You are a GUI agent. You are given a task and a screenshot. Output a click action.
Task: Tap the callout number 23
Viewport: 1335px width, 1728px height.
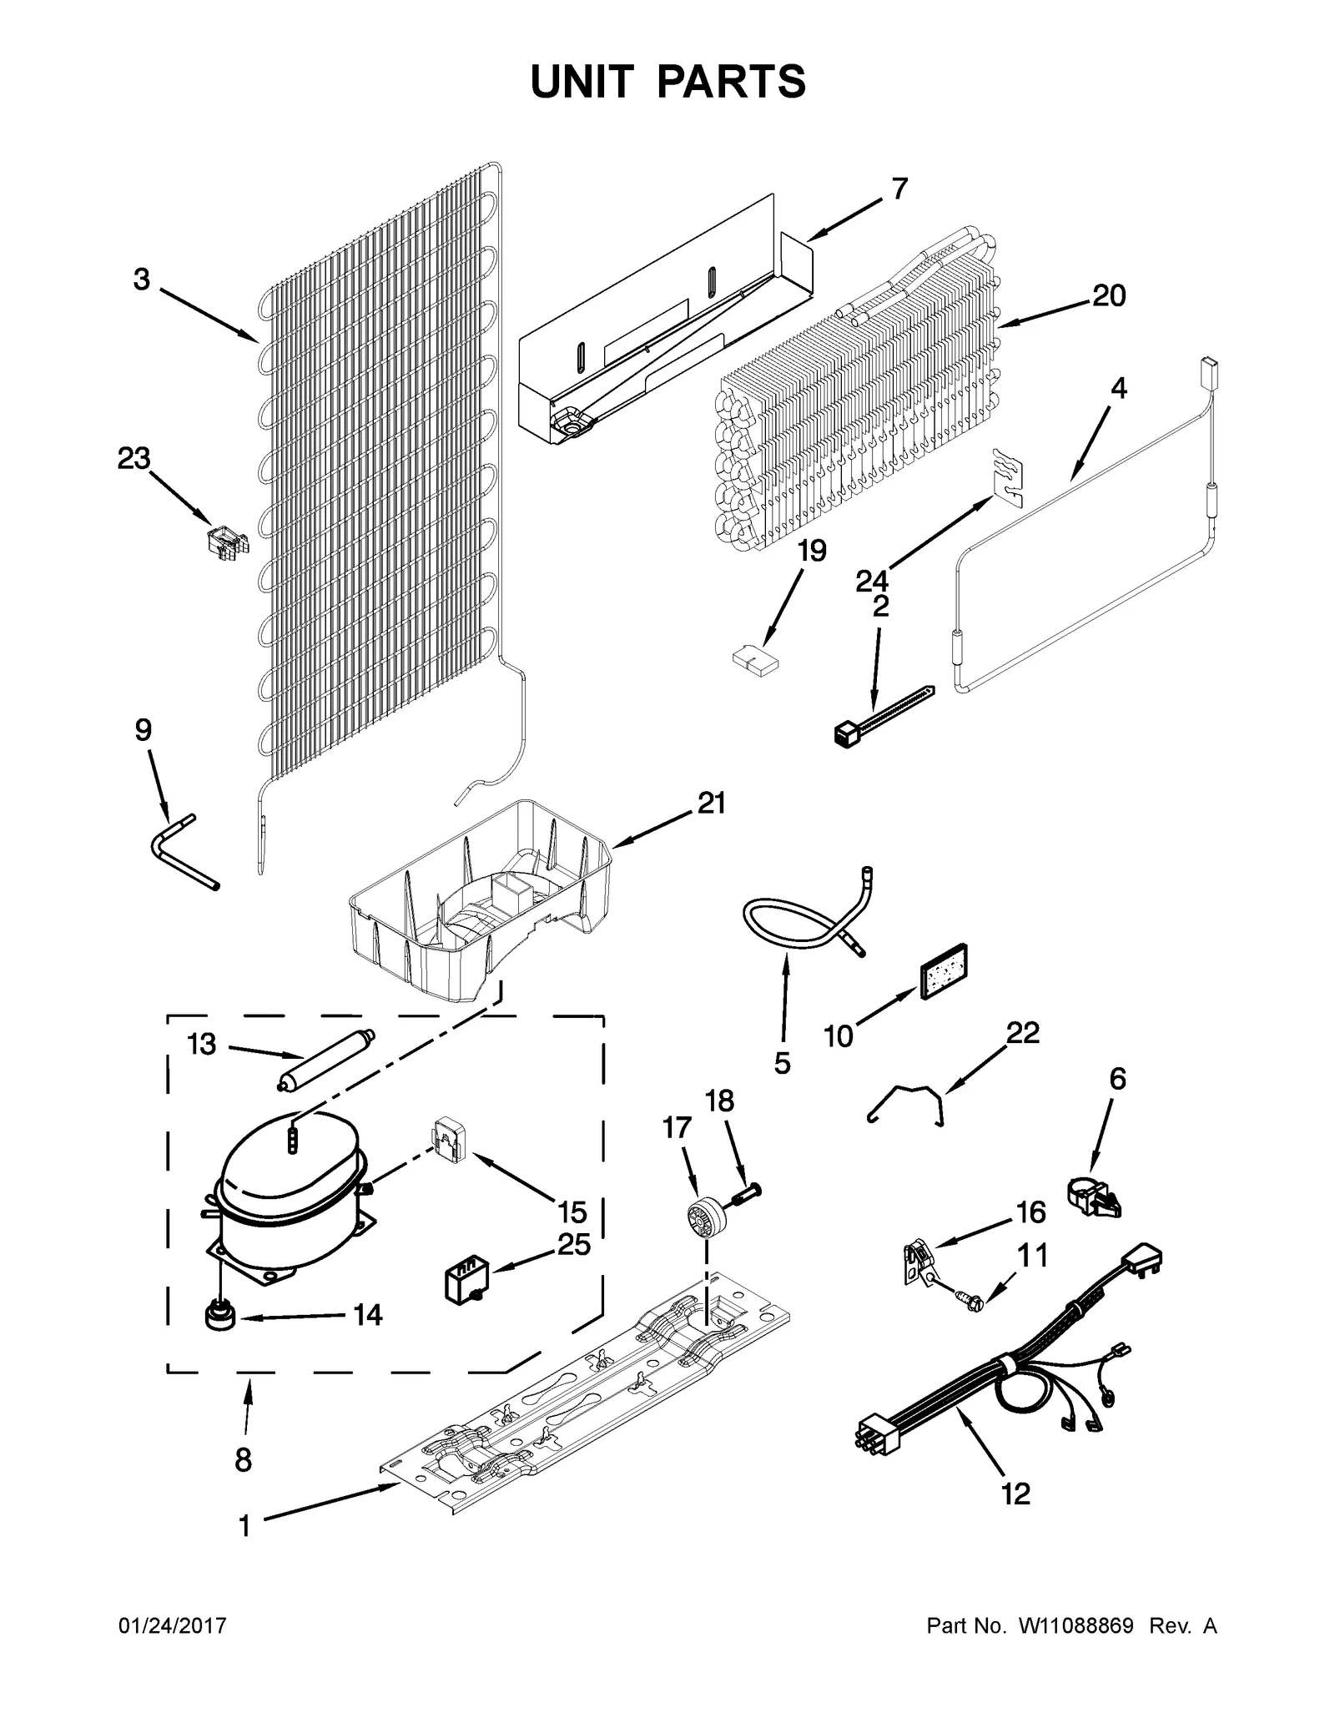133,458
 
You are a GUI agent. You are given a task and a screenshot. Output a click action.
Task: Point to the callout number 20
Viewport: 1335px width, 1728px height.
1109,295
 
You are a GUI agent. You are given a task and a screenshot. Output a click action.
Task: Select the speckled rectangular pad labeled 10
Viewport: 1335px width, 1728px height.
943,971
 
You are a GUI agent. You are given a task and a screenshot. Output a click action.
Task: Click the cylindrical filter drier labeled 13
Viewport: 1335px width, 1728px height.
326,1060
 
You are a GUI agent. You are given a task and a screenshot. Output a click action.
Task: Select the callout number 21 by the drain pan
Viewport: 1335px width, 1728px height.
711,803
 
